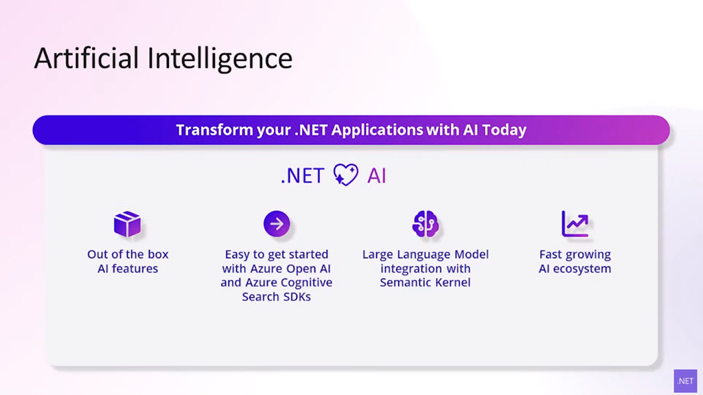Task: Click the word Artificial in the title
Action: point(87,58)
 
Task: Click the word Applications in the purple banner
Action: point(378,130)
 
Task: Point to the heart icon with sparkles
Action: point(346,174)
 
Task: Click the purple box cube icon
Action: point(127,223)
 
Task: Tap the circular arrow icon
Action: point(277,223)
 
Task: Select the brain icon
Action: point(426,223)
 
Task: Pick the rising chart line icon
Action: point(575,223)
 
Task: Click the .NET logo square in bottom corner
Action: point(686,381)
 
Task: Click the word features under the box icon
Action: point(135,269)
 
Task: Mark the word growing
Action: point(588,254)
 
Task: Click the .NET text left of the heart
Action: point(303,175)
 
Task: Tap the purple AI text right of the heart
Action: point(377,175)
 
